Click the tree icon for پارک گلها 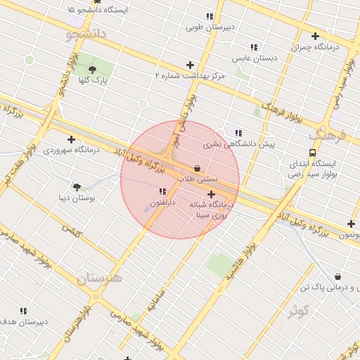pyautogui.click(x=94, y=69)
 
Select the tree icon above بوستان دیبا pyautogui.click(x=77, y=186)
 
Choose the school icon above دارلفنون pyautogui.click(x=162, y=191)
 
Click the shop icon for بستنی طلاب pyautogui.click(x=196, y=169)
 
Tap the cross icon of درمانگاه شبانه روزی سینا pyautogui.click(x=211, y=193)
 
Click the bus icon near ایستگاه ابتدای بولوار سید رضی pyautogui.click(x=312, y=153)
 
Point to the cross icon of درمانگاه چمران pyautogui.click(x=314, y=36)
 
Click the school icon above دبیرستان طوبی pyautogui.click(x=209, y=16)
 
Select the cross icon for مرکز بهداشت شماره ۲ pyautogui.click(x=190, y=65)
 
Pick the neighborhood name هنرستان pyautogui.click(x=99, y=278)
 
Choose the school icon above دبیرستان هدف pyautogui.click(x=23, y=310)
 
